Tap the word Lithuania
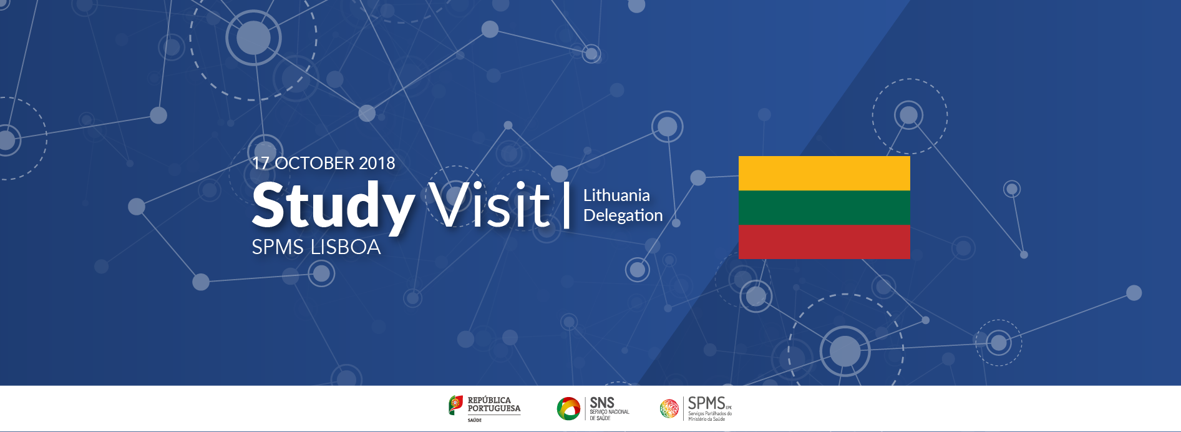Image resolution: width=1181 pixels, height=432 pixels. click(616, 195)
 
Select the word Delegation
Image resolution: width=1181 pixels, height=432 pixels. click(623, 215)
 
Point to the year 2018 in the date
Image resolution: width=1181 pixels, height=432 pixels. click(377, 163)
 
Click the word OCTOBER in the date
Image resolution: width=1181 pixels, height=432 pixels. click(314, 163)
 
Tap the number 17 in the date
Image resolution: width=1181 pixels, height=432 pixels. click(261, 163)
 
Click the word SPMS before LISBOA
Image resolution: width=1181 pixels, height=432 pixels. click(278, 247)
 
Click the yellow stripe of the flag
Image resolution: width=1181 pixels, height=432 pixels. click(824, 173)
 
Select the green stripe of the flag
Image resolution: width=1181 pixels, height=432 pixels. click(824, 207)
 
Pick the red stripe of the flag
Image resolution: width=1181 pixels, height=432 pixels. click(824, 242)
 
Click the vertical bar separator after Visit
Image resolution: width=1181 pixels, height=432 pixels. click(566, 205)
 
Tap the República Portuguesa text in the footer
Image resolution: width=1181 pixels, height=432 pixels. click(493, 404)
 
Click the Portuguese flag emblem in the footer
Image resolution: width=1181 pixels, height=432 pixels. click(455, 405)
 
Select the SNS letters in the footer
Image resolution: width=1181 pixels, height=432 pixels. click(602, 403)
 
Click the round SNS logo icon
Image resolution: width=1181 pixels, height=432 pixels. click(568, 408)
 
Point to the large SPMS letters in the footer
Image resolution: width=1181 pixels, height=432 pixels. click(706, 403)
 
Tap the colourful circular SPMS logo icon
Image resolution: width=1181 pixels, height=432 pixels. click(669, 408)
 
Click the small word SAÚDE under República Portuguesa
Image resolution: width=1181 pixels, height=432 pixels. click(475, 420)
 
